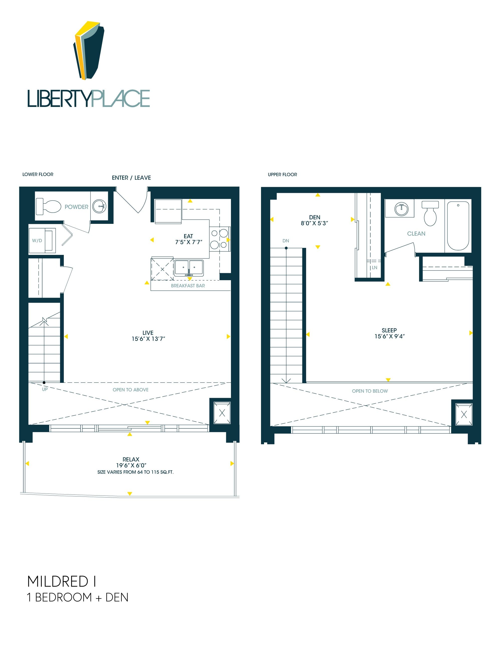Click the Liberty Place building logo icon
[x=89, y=50]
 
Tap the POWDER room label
[x=76, y=207]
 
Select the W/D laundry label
[x=37, y=241]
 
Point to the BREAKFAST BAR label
[x=188, y=286]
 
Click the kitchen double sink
[x=189, y=268]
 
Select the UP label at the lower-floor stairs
[x=45, y=389]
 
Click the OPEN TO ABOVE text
[x=131, y=390]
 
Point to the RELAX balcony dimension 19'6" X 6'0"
[x=131, y=465]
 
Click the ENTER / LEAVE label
[x=132, y=178]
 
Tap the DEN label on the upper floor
[x=315, y=218]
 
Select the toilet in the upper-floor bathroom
[x=430, y=213]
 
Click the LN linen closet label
[x=374, y=268]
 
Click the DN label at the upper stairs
[x=286, y=241]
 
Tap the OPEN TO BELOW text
[x=370, y=391]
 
